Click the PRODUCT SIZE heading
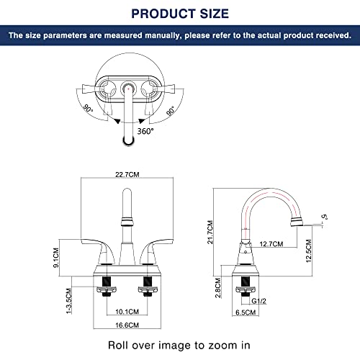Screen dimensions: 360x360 180,13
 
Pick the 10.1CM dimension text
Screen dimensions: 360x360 126,312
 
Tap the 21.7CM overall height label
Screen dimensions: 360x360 210,233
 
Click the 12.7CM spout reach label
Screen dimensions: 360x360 272,243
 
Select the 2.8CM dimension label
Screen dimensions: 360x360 220,289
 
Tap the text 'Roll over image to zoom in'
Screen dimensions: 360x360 180,344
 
